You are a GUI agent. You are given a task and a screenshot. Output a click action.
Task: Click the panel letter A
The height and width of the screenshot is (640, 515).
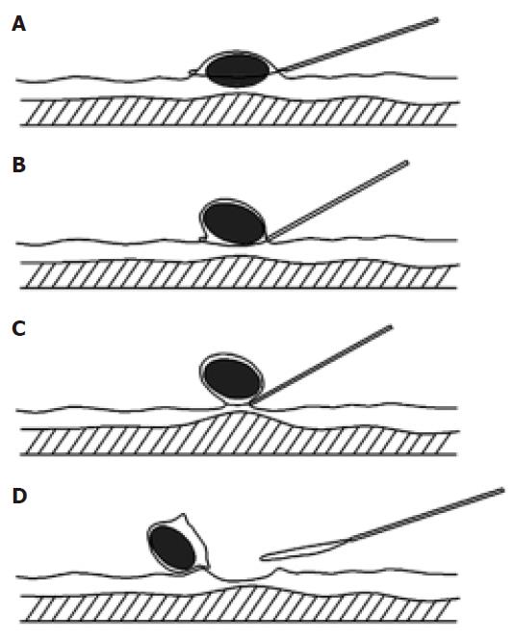[19, 24]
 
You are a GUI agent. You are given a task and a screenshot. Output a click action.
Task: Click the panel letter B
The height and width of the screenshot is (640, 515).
[19, 165]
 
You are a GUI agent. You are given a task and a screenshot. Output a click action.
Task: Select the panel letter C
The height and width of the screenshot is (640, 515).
[19, 328]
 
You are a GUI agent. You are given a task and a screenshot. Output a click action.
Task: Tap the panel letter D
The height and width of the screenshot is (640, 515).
[19, 496]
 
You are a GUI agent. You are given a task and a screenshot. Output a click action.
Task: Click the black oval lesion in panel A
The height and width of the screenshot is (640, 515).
[238, 70]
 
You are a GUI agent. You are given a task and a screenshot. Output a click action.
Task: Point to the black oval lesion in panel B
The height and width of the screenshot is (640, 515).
[234, 223]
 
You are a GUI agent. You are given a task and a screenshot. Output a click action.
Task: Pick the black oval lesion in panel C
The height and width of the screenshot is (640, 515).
[232, 378]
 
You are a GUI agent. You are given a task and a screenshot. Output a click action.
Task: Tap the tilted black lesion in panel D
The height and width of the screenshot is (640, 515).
[172, 548]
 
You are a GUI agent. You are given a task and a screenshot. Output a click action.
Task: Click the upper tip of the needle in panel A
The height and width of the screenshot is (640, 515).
[437, 19]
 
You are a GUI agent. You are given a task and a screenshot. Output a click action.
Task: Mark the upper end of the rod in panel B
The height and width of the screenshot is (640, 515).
[406, 163]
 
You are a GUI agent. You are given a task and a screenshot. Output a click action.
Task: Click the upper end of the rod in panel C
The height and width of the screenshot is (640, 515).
[390, 327]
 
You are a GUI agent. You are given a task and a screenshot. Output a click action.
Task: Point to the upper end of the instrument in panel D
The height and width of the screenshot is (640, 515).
[502, 490]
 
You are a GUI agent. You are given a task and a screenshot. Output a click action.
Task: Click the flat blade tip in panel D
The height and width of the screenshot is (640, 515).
[262, 556]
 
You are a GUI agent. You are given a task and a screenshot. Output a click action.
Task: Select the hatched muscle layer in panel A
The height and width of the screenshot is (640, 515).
[239, 111]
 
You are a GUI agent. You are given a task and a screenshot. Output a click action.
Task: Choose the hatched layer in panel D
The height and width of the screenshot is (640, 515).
[239, 605]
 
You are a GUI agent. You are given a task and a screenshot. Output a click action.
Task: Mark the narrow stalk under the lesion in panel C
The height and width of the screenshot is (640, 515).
[239, 402]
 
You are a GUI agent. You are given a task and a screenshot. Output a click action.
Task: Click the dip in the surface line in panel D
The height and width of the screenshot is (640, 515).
[240, 579]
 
